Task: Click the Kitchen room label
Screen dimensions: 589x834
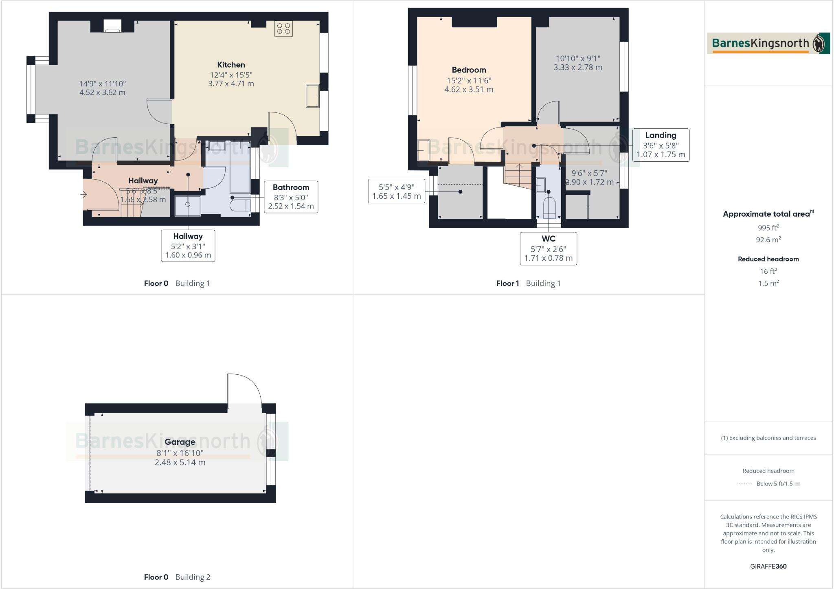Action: pos(231,65)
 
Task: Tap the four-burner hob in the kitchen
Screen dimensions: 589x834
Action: pos(283,29)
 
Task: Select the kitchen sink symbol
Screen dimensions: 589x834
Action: pos(312,96)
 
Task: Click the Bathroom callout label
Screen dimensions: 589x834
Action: pos(291,188)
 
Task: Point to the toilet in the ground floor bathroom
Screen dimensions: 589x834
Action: pos(240,204)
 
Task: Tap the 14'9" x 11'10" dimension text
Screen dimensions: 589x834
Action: pos(103,84)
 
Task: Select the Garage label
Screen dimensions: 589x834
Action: pos(180,442)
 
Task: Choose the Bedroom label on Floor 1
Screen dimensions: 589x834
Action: pos(469,70)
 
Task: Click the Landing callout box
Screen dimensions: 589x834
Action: pos(661,145)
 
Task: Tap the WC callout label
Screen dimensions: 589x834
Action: pos(548,239)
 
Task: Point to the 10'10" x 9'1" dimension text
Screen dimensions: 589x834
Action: pos(578,59)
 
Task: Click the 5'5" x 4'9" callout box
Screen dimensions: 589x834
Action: pos(396,191)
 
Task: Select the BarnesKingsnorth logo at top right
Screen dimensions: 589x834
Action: pos(768,44)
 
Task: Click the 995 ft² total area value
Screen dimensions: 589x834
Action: pos(768,228)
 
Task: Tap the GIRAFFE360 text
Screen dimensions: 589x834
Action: pos(768,566)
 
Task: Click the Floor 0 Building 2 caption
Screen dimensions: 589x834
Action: pos(177,577)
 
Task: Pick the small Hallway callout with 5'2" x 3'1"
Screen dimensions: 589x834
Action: pos(188,246)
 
